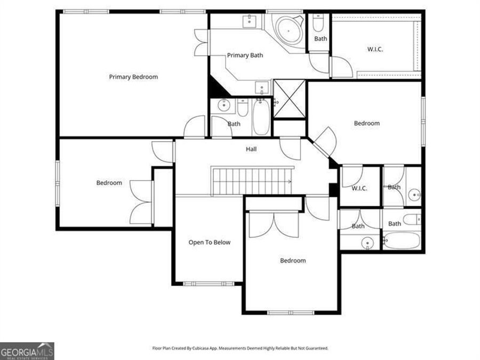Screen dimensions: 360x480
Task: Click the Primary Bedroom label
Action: pos(133,77)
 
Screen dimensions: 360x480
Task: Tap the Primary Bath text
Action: pos(245,55)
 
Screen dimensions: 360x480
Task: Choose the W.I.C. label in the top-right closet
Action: pos(375,49)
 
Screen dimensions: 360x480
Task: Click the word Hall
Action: pos(251,149)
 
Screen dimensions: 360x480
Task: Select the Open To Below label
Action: pos(209,242)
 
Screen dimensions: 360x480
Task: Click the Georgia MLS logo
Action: pos(27,351)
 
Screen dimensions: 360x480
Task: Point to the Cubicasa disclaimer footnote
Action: pos(240,348)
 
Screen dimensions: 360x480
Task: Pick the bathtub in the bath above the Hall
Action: pos(261,118)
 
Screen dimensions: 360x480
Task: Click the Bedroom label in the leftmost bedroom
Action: pos(109,183)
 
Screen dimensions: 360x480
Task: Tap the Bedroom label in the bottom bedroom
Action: pos(293,261)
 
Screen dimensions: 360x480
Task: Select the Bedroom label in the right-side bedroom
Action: pos(366,123)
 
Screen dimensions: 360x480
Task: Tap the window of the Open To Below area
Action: pos(208,283)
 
